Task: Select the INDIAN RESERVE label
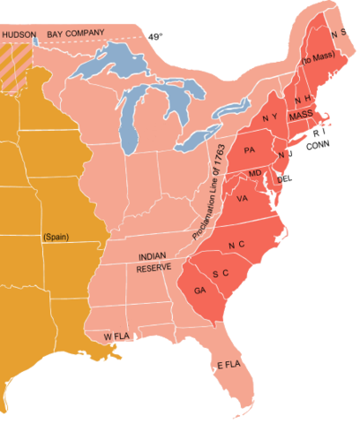[x=153, y=261]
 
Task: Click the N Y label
[x=270, y=118]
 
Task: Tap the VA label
[x=242, y=198]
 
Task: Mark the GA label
[x=199, y=291]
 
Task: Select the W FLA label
[x=117, y=337]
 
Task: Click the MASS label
[x=301, y=115]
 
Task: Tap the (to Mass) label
[x=316, y=60]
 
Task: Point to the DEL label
[x=284, y=179]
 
